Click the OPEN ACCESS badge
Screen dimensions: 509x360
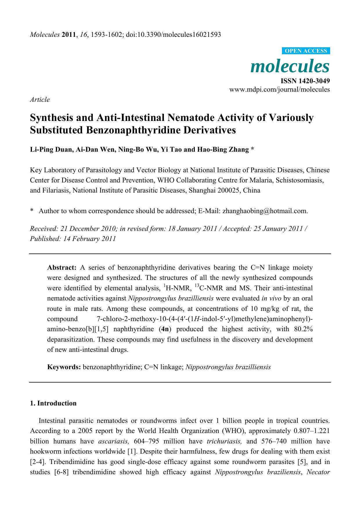point(306,51)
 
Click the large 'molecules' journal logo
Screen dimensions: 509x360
point(290,66)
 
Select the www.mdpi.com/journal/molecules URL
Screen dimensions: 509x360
point(279,89)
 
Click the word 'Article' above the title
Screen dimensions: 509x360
point(40,99)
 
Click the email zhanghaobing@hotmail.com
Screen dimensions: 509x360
point(265,211)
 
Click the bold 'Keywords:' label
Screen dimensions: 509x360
point(64,367)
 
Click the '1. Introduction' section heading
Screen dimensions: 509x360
point(53,403)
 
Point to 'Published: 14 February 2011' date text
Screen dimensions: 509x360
point(73,239)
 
